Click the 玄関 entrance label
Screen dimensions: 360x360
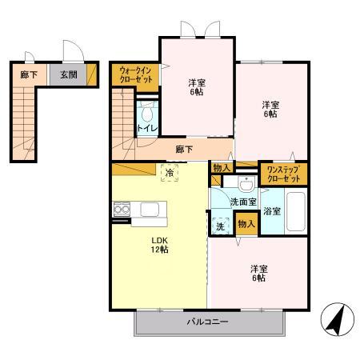tap(69, 74)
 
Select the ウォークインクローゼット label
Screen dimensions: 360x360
tap(136, 75)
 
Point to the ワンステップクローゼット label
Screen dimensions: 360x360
tap(283, 174)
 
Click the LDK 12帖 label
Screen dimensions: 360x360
tap(160, 245)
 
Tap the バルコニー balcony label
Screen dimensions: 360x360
tap(207, 322)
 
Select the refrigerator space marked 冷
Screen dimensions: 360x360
tap(170, 173)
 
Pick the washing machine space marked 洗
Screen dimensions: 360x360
tap(221, 226)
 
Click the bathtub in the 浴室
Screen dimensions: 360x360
tap(295, 211)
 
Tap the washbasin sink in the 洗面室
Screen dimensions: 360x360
tap(246, 184)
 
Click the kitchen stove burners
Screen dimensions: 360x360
tap(122, 209)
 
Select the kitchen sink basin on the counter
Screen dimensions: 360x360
tap(150, 210)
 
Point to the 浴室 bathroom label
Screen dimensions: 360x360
tap(272, 211)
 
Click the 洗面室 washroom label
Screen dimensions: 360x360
tap(243, 202)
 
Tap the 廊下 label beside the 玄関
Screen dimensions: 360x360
tap(29, 74)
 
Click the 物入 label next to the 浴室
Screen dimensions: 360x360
tap(246, 224)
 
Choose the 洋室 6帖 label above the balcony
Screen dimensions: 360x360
tap(258, 274)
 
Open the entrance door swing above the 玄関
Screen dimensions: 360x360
tap(74, 50)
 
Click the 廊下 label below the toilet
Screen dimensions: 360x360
tap(184, 149)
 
